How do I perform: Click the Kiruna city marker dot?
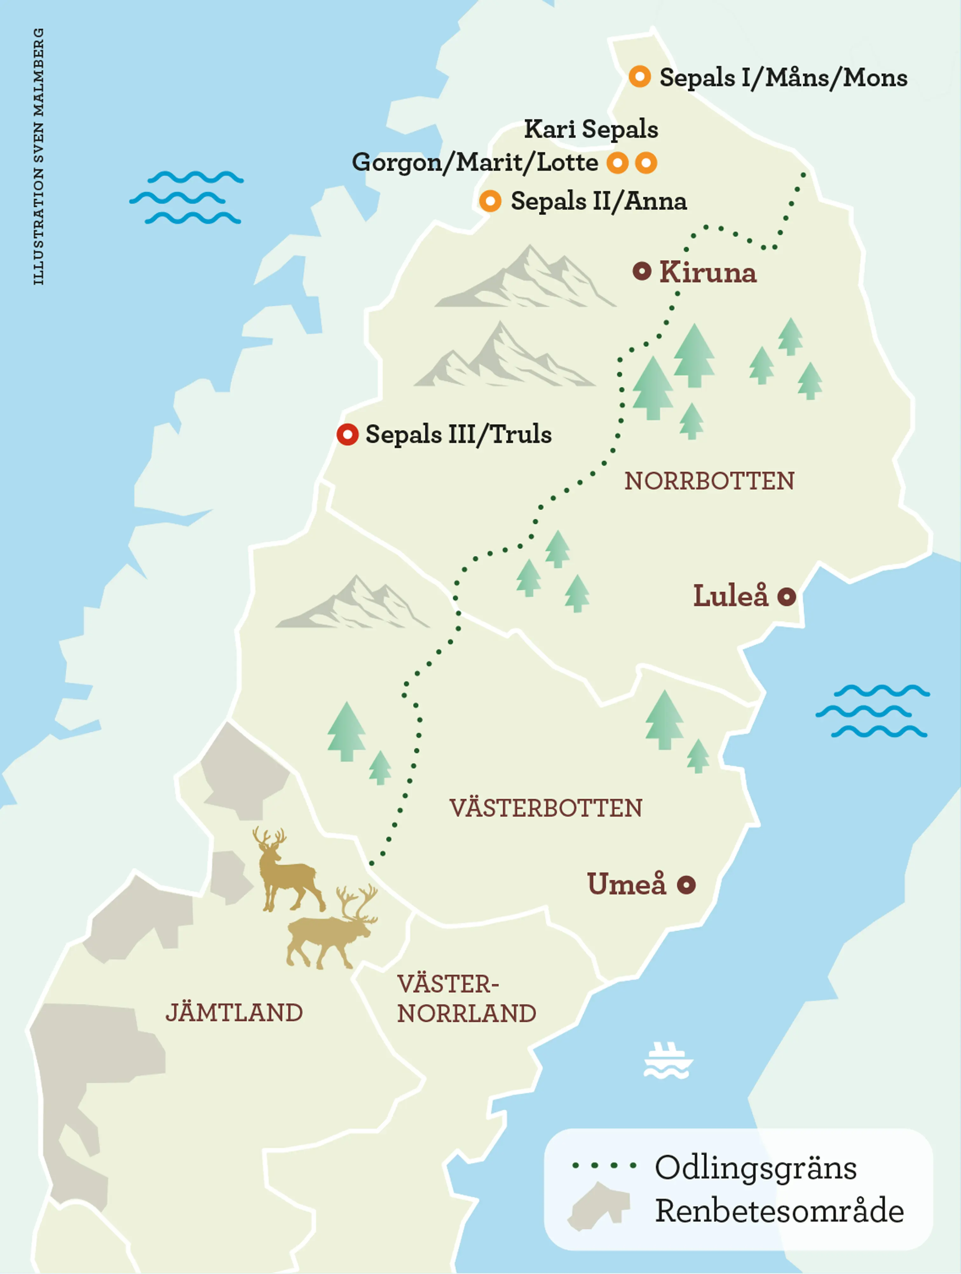tap(641, 271)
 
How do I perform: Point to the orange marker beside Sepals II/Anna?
tap(490, 201)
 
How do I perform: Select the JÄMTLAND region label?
tap(234, 1012)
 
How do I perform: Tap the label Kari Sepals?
tap(591, 129)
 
